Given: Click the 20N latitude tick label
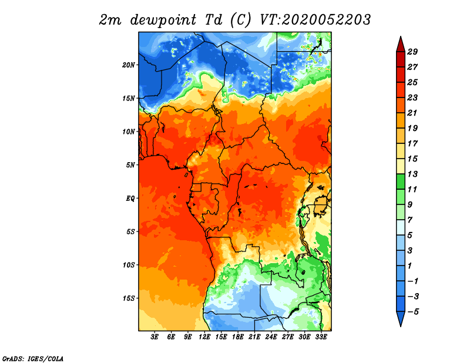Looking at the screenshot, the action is [x=128, y=65].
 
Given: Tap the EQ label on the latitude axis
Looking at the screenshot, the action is [x=130, y=199].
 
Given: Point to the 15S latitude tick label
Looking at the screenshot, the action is [x=129, y=298].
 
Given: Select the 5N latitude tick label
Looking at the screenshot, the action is [x=130, y=165].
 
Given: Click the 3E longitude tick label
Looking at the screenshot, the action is [x=155, y=337].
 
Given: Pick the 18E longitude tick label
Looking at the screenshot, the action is [x=238, y=337].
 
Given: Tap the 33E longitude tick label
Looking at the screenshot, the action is [x=321, y=337].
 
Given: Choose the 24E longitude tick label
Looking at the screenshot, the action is [x=271, y=337].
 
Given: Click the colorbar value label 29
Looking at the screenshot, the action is [x=412, y=52].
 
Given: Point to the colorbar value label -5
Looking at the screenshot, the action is [x=413, y=312].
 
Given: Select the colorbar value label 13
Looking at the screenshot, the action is [x=412, y=174].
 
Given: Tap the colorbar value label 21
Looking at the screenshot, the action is [x=412, y=113].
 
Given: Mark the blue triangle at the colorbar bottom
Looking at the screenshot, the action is [x=401, y=318].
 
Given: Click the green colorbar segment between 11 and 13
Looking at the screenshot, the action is [x=401, y=181].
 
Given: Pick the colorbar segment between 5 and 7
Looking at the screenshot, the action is [x=401, y=227].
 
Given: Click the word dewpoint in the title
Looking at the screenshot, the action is [x=163, y=20].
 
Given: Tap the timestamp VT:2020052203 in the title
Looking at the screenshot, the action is [x=315, y=20].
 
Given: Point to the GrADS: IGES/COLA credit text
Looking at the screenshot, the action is [x=33, y=358].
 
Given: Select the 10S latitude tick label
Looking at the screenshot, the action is [x=129, y=265].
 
